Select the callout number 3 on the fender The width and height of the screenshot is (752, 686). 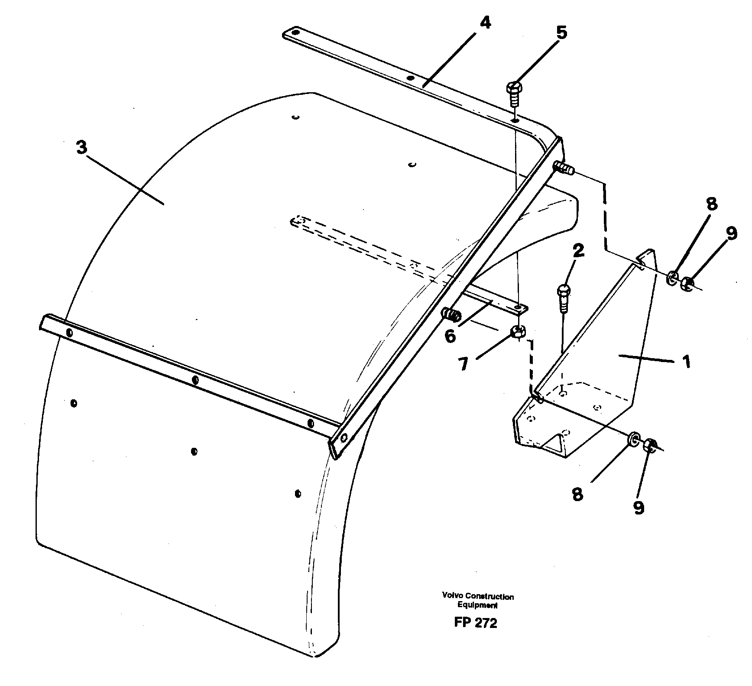(81, 148)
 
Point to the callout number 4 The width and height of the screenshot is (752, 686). (485, 23)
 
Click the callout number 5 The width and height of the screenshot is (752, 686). (561, 33)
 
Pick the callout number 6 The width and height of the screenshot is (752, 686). (450, 336)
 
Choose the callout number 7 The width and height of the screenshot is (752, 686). (464, 364)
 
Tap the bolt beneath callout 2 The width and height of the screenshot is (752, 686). (563, 298)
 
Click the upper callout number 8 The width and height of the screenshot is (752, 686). (711, 204)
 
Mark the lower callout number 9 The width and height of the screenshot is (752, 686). (639, 507)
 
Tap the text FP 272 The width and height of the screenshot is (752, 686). (476, 623)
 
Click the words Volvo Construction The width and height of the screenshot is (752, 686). (478, 596)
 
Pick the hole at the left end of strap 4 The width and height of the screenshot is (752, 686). (295, 32)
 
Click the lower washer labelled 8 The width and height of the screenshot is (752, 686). (633, 440)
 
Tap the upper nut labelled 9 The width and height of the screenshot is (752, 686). (687, 284)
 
